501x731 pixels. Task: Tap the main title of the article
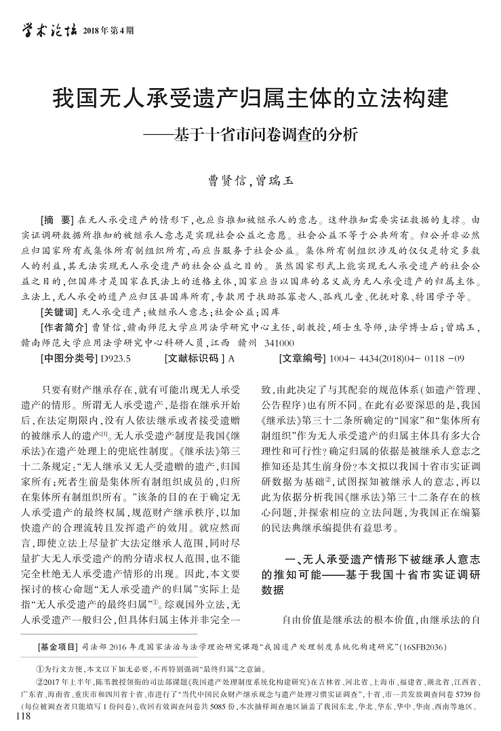(x=250, y=96)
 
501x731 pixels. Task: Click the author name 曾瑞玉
(x=275, y=180)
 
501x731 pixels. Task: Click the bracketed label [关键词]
(x=59, y=313)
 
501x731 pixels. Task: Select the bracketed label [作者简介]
(x=63, y=328)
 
